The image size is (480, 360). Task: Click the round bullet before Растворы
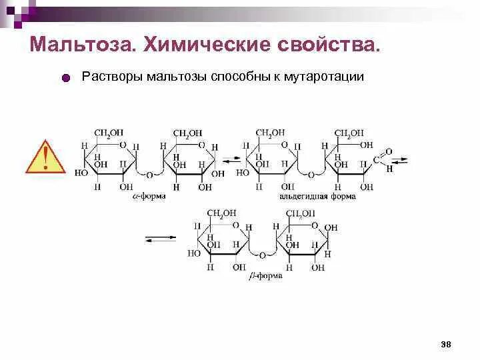tap(65, 79)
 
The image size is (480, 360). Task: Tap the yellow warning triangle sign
tap(45, 157)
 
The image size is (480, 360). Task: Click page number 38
tap(446, 344)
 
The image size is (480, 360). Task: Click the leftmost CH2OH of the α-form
tap(109, 133)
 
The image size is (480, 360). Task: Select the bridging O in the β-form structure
tap(263, 255)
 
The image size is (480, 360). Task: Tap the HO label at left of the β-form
tap(194, 253)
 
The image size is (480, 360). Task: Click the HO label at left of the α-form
tap(81, 172)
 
